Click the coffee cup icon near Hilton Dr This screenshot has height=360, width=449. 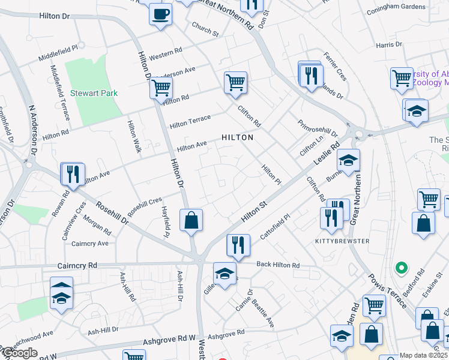(160, 13)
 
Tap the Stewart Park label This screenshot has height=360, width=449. (94, 93)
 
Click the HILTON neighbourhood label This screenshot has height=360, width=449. (237, 137)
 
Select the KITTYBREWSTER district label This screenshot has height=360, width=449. (342, 241)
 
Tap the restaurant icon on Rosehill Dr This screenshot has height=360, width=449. (73, 174)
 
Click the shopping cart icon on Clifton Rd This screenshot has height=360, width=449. (236, 82)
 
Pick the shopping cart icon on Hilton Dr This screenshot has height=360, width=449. (161, 87)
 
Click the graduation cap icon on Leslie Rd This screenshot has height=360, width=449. (348, 160)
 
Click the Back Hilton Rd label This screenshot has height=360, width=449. (277, 265)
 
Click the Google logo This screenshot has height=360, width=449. (19, 353)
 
